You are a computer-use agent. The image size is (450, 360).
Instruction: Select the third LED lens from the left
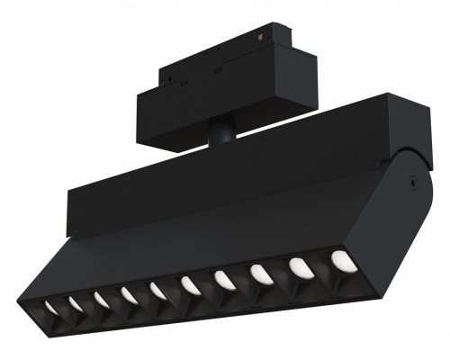tap(103, 298)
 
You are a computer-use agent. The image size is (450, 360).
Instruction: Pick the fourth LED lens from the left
tap(130, 294)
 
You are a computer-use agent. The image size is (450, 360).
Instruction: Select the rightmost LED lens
tap(340, 260)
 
